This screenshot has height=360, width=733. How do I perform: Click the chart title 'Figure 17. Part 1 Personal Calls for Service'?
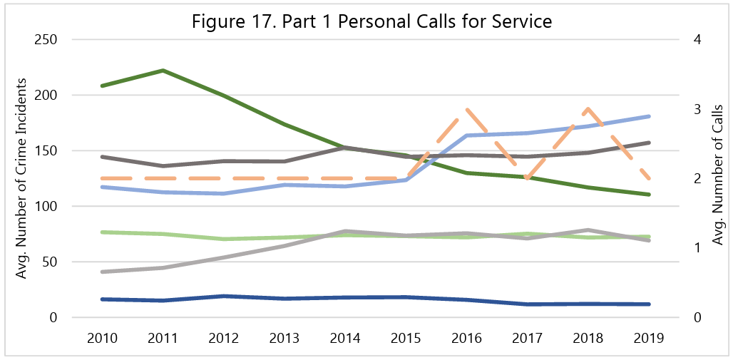(371, 21)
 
